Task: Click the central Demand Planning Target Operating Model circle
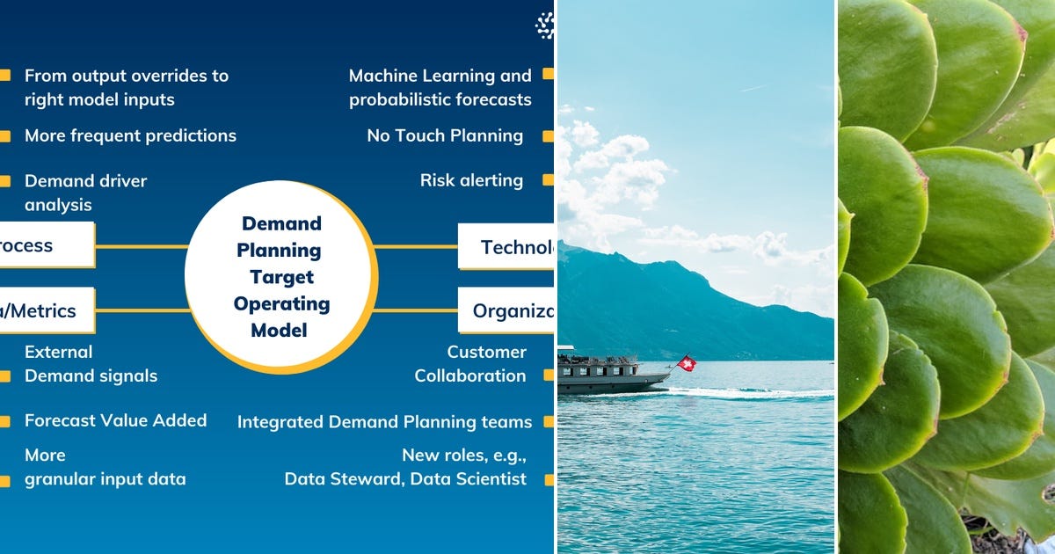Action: pyautogui.click(x=281, y=277)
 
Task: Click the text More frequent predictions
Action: pyautogui.click(x=130, y=135)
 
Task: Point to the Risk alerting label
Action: pyautogui.click(x=471, y=180)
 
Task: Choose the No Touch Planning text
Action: pyautogui.click(x=445, y=135)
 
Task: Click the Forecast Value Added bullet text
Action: pyautogui.click(x=115, y=420)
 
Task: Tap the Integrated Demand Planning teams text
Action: pyautogui.click(x=384, y=422)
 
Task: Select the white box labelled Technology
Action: pyautogui.click(x=507, y=246)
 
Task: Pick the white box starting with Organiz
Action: pyautogui.click(x=507, y=310)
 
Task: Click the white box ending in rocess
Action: pyautogui.click(x=46, y=245)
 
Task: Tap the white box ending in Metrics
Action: pyautogui.click(x=46, y=310)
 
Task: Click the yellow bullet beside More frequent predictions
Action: pyautogui.click(x=5, y=136)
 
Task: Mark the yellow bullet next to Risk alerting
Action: pyautogui.click(x=548, y=180)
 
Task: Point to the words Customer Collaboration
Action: pyautogui.click(x=471, y=364)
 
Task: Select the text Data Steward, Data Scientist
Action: pyautogui.click(x=405, y=479)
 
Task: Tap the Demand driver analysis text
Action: pyautogui.click(x=85, y=193)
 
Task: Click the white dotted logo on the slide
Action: pyautogui.click(x=546, y=26)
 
